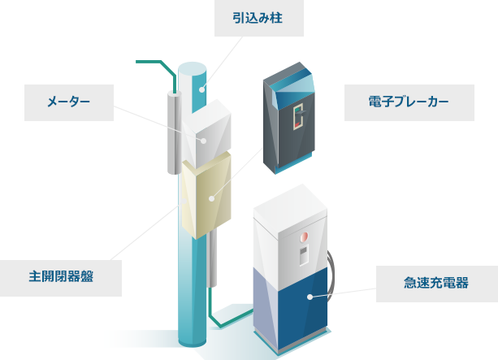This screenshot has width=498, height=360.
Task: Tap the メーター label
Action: pyautogui.click(x=67, y=101)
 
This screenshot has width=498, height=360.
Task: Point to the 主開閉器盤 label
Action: pyautogui.click(x=61, y=276)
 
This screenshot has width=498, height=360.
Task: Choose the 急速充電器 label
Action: pyautogui.click(x=435, y=283)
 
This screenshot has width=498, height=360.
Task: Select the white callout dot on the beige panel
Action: pyautogui.click(x=211, y=197)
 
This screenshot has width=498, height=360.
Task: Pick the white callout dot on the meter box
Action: pyautogui.click(x=205, y=140)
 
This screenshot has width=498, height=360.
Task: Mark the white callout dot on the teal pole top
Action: pyautogui.click(x=205, y=85)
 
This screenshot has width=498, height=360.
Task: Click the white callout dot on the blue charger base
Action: pyautogui.click(x=310, y=297)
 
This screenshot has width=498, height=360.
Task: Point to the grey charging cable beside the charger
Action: pyautogui.click(x=331, y=272)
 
